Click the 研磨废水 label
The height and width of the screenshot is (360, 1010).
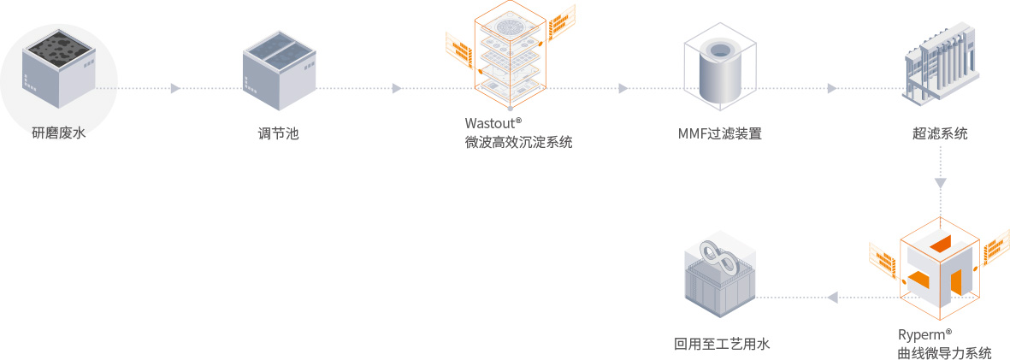click(x=59, y=133)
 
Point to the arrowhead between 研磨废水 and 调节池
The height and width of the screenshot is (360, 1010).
click(x=175, y=88)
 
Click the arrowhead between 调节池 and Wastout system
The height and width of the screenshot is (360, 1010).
click(x=397, y=88)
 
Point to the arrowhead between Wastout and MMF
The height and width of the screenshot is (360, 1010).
click(x=623, y=88)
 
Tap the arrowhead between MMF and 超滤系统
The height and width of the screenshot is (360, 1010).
click(x=832, y=88)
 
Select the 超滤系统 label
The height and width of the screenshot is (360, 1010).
click(x=940, y=133)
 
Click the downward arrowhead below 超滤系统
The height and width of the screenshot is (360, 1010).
click(x=941, y=183)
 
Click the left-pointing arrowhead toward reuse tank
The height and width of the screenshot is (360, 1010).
click(x=831, y=297)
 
